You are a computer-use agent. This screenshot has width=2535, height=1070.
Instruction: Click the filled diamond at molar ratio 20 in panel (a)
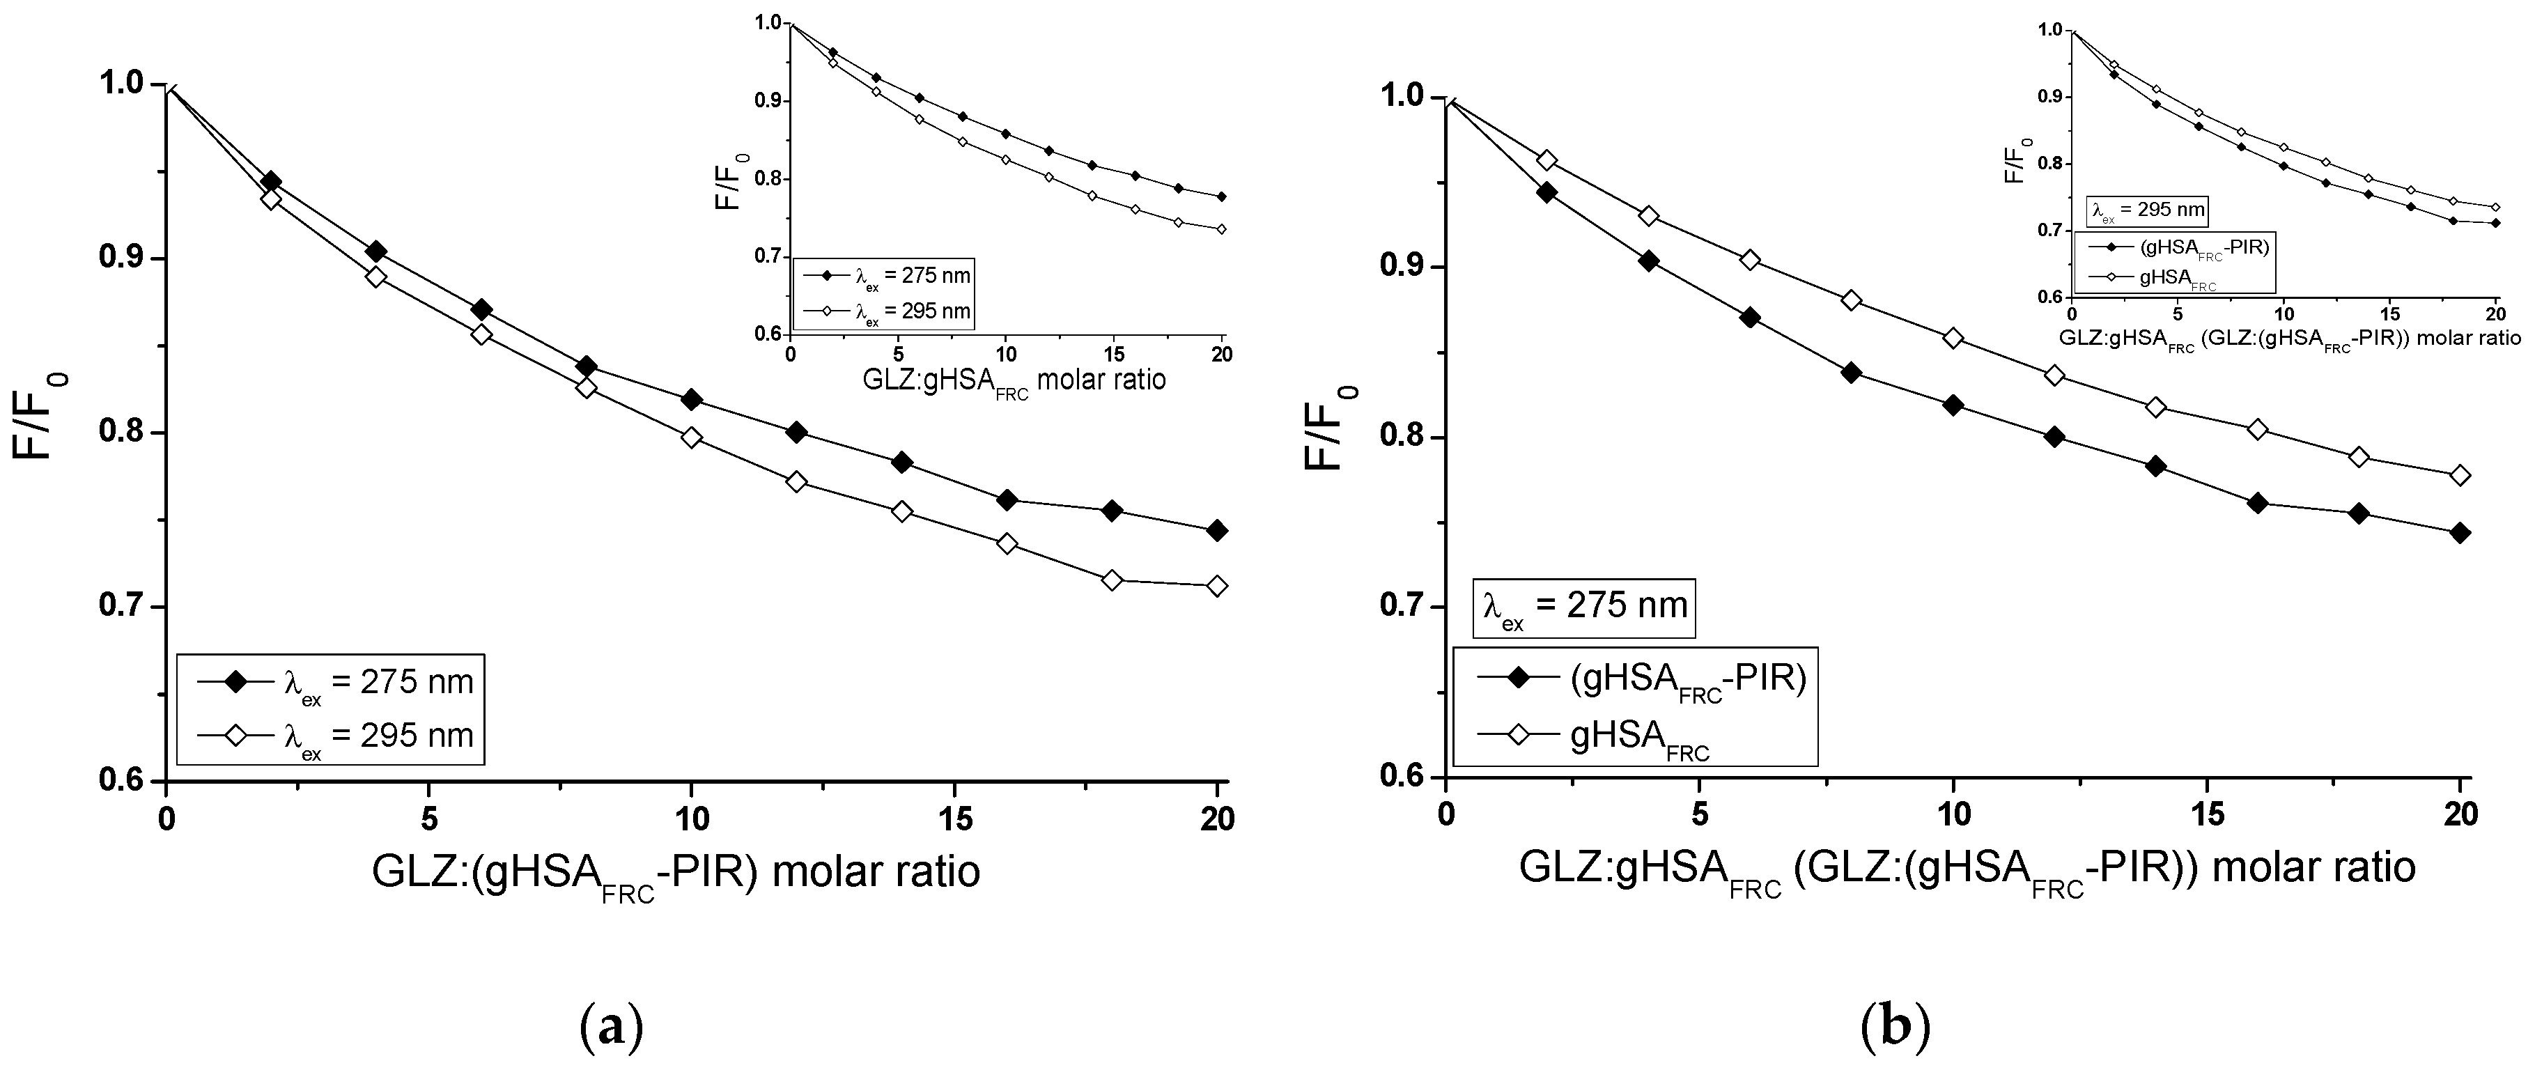tap(1216, 531)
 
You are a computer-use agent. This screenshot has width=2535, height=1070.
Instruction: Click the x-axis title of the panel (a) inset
tap(1014, 380)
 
